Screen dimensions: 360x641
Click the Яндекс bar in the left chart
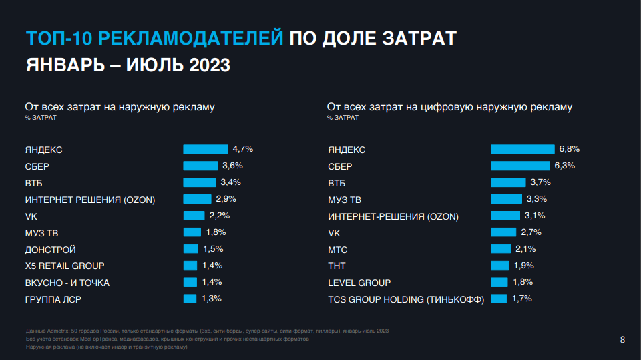point(205,149)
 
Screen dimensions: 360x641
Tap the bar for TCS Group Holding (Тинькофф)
point(499,299)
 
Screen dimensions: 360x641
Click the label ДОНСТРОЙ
point(51,250)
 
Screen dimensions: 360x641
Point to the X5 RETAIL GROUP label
point(65,266)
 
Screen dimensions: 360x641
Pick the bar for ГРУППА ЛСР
point(190,299)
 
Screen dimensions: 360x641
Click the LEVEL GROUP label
point(359,283)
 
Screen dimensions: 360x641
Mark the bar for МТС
point(501,249)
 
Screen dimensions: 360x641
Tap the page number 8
point(622,340)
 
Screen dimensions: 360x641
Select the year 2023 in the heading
point(210,66)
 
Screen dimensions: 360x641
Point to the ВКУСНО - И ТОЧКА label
point(67,283)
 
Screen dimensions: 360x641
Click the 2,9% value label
point(226,199)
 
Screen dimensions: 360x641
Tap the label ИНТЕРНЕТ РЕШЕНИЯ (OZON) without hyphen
point(90,200)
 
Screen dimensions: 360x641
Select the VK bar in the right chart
point(504,232)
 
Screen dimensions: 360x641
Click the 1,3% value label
point(211,299)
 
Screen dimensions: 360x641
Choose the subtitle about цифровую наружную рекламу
point(449,107)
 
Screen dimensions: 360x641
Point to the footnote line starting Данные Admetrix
point(207,331)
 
